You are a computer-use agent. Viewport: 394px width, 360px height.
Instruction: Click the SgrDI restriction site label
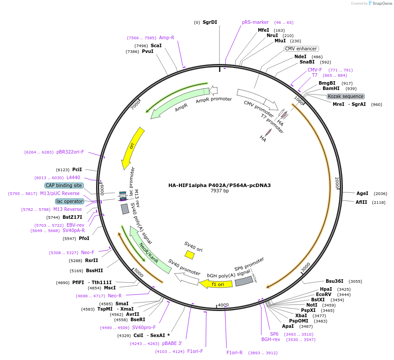[210, 22]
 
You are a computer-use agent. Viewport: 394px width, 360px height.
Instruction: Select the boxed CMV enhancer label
[301, 49]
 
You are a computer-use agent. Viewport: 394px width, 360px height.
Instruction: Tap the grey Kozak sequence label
[346, 96]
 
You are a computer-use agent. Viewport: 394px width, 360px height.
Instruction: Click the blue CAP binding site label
[64, 185]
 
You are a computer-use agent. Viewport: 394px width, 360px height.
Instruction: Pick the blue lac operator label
[69, 201]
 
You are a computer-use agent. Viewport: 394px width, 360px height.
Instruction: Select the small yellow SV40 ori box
[190, 255]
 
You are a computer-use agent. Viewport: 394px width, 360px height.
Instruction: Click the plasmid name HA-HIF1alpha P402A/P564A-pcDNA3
[219, 185]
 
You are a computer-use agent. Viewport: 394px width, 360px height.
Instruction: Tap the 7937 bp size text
[219, 191]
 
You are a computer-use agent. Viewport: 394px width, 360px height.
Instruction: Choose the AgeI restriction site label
[362, 193]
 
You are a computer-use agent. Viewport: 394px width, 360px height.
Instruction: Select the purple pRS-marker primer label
[255, 22]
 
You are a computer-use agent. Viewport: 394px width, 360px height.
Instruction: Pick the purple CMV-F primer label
[315, 70]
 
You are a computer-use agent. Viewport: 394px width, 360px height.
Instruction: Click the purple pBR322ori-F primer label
[70, 152]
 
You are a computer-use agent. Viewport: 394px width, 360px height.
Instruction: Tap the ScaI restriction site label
[156, 45]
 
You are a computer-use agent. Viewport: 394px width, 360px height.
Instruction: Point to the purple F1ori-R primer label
[234, 352]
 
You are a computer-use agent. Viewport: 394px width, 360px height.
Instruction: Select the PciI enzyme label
[77, 169]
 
